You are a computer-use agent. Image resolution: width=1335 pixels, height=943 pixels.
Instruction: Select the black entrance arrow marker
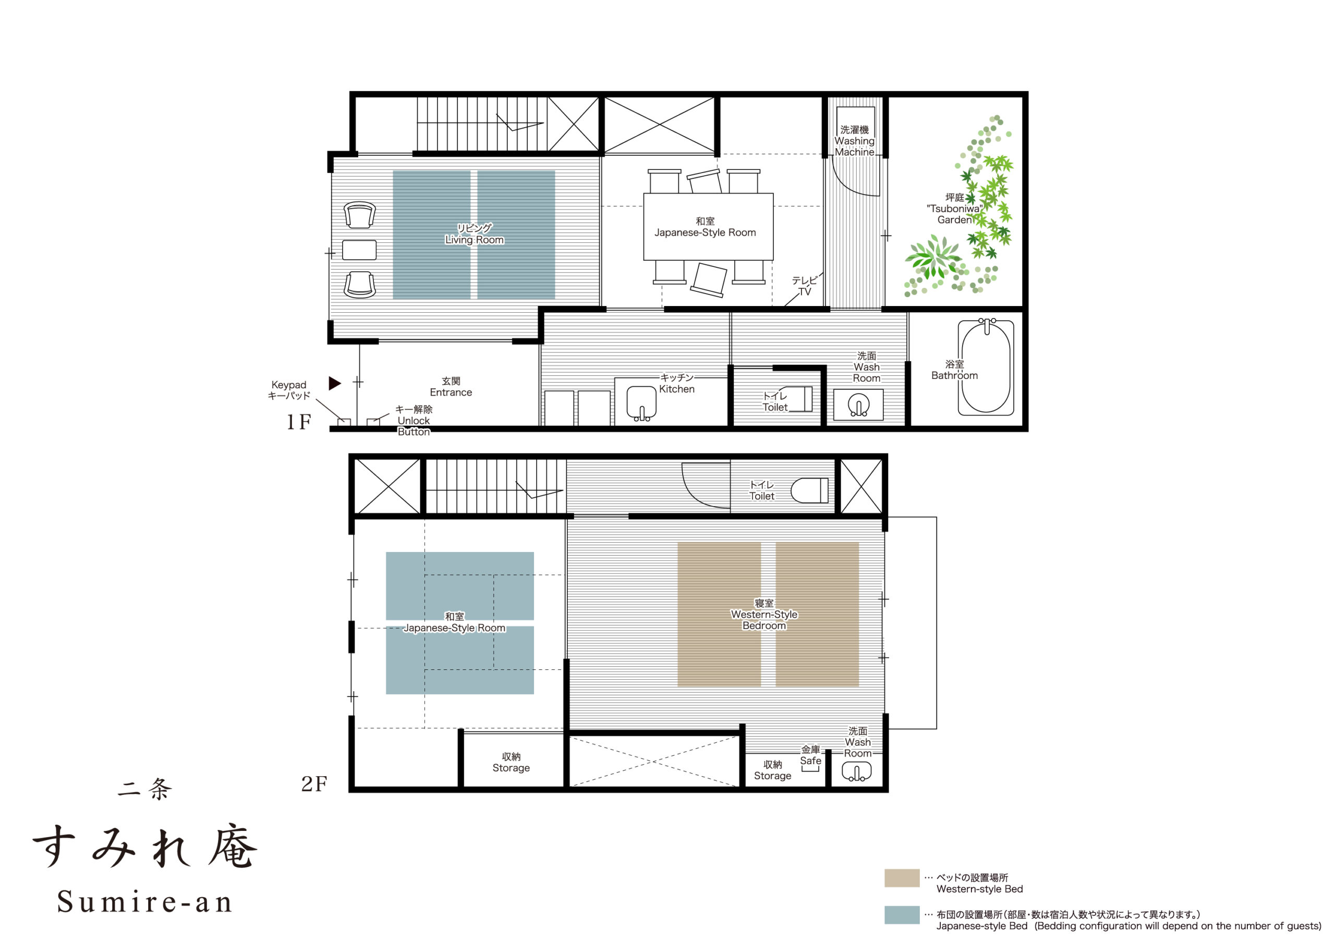click(334, 383)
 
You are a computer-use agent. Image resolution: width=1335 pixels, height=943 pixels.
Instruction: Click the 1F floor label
click(299, 422)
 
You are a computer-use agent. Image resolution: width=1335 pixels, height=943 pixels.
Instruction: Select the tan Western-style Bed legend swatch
click(902, 878)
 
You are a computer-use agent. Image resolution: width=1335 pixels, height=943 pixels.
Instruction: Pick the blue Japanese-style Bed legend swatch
click(902, 914)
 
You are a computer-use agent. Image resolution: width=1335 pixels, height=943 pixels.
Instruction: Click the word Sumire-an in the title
click(145, 902)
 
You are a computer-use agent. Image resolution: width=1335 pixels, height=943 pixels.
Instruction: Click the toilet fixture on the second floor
click(810, 490)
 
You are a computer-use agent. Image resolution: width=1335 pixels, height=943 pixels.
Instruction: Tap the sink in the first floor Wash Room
click(859, 405)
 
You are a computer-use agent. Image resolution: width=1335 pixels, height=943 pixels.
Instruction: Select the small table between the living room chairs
click(359, 250)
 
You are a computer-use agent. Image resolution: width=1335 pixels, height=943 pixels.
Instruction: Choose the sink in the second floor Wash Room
click(856, 772)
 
